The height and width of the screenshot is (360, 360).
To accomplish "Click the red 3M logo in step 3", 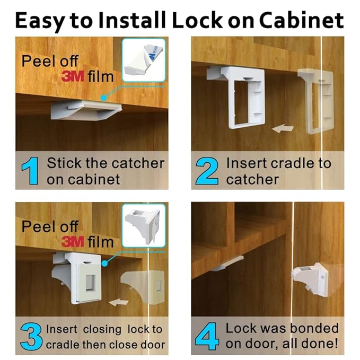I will click(x=74, y=242).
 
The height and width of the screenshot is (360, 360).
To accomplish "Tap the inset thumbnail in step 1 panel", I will click(x=144, y=59).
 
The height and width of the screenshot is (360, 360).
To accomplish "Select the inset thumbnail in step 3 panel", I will click(x=144, y=225).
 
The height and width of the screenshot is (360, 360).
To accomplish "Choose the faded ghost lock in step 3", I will click(x=141, y=287).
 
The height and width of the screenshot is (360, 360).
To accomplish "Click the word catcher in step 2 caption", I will click(x=252, y=179).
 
